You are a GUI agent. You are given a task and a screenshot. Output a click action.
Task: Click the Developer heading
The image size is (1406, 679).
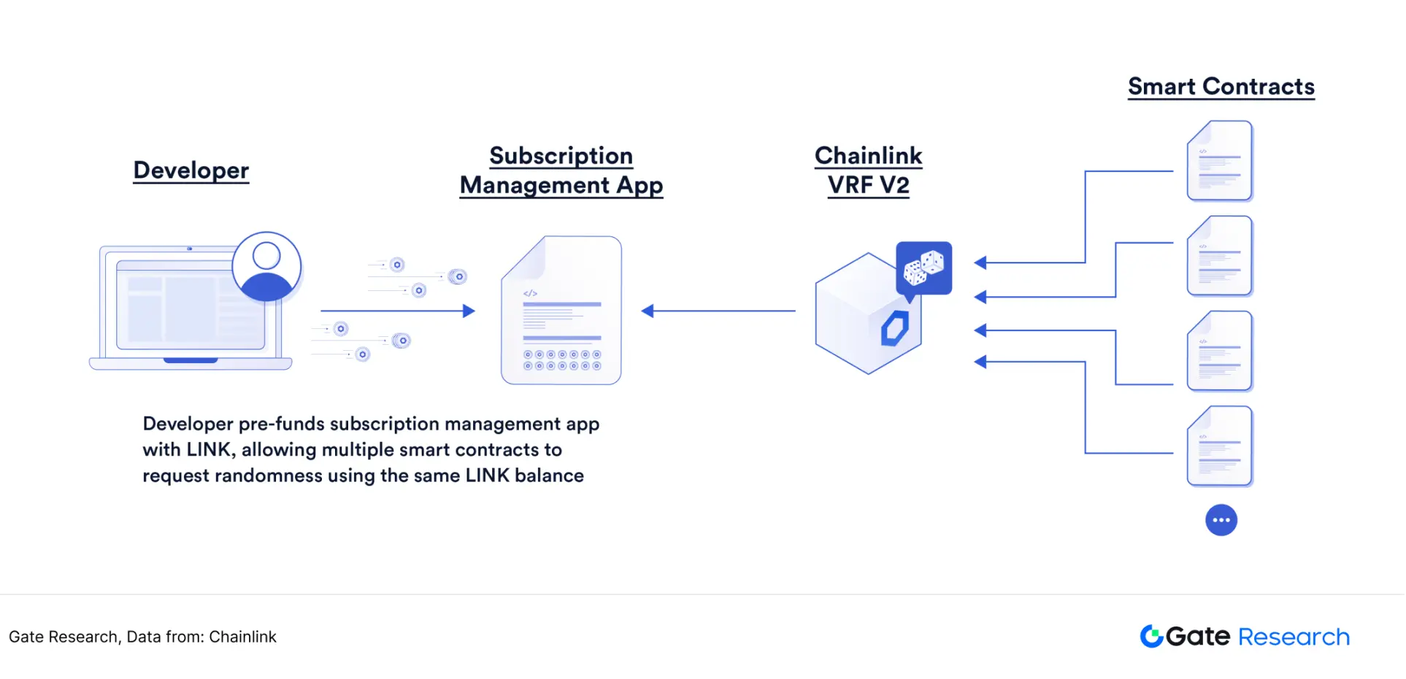pos(191,170)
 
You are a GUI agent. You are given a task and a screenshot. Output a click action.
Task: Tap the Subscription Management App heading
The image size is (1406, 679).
pos(561,171)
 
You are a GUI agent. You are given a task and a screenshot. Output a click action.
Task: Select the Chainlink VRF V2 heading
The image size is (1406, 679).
pos(868,171)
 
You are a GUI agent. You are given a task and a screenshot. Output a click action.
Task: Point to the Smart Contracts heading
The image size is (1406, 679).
pos(1221,87)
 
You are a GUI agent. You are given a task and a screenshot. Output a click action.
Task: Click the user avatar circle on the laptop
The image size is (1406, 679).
pos(266,266)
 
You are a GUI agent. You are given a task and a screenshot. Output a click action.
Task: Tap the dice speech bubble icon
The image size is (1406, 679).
pos(923,268)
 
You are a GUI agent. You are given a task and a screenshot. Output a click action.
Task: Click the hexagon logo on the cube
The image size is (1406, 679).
pos(894,328)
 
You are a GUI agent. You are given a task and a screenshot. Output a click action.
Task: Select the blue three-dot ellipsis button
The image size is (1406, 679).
pos(1221,520)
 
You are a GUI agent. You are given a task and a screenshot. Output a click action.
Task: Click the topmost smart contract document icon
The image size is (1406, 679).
pos(1219,161)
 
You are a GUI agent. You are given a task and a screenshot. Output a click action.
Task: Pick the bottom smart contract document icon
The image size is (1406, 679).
pos(1219,446)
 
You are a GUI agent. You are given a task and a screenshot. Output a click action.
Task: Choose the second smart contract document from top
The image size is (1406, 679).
pos(1219,256)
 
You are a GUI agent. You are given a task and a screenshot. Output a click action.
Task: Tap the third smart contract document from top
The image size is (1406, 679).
pos(1219,351)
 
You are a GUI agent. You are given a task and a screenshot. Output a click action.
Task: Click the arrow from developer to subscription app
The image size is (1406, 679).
pos(398,311)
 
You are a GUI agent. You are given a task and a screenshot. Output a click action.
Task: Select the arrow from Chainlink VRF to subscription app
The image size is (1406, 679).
pos(718,311)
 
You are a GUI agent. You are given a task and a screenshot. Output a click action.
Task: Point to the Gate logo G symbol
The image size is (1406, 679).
pos(1151,636)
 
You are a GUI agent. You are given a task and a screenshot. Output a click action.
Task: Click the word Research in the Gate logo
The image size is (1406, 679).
pos(1294,637)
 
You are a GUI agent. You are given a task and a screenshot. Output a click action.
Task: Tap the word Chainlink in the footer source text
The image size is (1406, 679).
pos(242,637)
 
